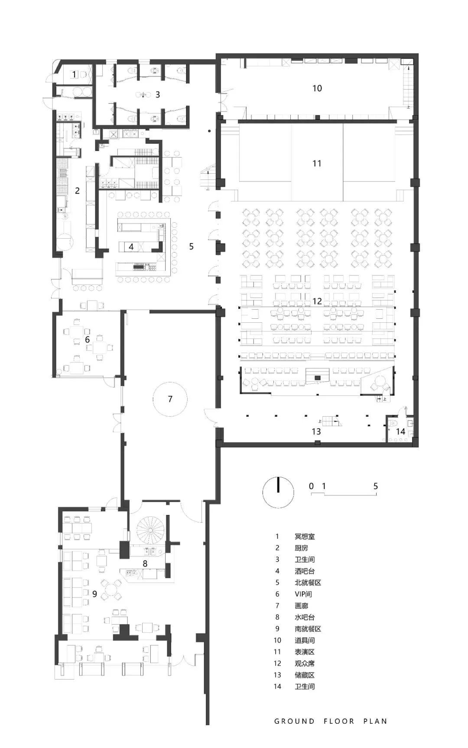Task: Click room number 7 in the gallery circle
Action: coord(170,399)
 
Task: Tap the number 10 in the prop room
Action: coord(317,88)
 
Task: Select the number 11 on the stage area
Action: coord(317,163)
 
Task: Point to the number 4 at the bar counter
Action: coord(131,247)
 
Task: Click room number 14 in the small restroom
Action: coord(400,431)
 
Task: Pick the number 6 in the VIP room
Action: coord(87,340)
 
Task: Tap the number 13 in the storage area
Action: coord(316,431)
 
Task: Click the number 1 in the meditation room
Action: coord(74,74)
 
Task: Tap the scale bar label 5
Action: coord(376,486)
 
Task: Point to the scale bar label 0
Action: coord(311,486)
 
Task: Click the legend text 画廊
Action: coord(301,606)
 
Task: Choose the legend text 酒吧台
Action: coord(305,571)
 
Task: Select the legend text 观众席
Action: coord(305,663)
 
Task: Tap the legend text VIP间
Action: coord(303,594)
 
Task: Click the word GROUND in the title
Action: coord(295,721)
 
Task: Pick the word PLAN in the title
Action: coord(375,721)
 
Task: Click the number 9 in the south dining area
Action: coord(94,594)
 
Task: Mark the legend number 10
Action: coord(277,640)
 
